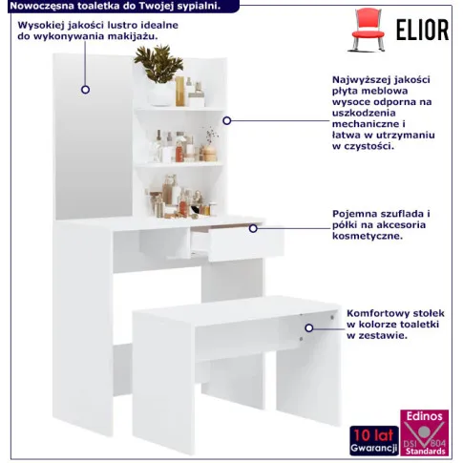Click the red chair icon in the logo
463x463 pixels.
368,30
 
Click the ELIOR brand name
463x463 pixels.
422,30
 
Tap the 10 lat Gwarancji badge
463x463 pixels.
374,440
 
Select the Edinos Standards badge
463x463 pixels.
424,433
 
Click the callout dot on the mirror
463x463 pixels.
85,90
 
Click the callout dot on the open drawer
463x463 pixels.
253,228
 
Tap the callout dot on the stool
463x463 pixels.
309,328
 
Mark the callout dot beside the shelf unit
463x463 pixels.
227,121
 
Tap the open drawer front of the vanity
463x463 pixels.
246,243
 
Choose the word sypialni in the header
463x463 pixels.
203,7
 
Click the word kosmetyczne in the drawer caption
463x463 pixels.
368,236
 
